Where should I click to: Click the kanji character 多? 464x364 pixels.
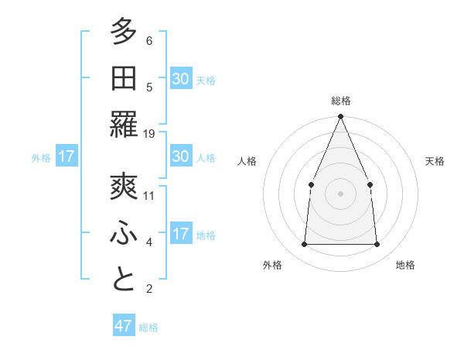tap(124, 33)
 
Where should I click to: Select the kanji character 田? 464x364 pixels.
tap(124, 78)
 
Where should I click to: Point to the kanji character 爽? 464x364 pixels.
tap(124, 187)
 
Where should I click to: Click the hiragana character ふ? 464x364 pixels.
tap(124, 233)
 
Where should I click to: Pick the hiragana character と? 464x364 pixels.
tap(124, 280)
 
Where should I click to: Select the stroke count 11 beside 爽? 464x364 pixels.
tap(149, 195)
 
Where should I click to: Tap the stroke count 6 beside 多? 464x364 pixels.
tap(149, 41)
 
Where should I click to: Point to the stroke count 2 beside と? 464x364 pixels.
tap(149, 289)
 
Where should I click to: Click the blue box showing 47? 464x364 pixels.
tap(124, 326)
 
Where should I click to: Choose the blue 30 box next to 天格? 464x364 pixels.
tap(181, 78)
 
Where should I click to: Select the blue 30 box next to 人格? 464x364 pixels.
tap(181, 156)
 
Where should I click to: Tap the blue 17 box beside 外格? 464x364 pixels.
tap(67, 156)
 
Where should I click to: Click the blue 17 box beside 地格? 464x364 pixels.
tap(181, 233)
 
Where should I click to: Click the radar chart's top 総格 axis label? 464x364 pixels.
tap(340, 101)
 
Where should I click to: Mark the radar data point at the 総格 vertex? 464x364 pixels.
tap(340, 117)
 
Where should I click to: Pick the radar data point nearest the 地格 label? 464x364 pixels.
tap(377, 244)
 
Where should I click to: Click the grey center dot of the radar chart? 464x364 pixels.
tap(340, 193)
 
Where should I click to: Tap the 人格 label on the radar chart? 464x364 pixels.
tap(247, 161)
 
